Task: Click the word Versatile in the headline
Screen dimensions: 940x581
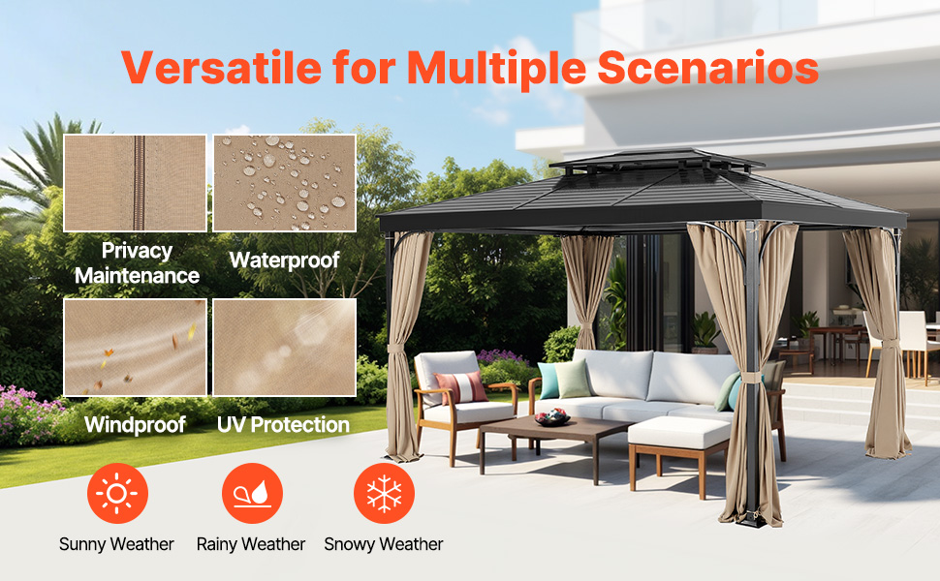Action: (222, 67)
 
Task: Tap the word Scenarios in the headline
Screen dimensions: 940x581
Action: (708, 67)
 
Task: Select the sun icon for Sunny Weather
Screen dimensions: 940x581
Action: (117, 494)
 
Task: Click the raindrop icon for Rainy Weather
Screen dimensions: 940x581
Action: (252, 494)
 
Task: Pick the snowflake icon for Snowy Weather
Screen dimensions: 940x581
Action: (385, 494)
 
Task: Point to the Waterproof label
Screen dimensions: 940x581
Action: (284, 260)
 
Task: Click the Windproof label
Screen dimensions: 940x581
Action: (135, 425)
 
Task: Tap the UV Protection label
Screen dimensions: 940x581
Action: (283, 425)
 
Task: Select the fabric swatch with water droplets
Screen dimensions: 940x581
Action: (284, 183)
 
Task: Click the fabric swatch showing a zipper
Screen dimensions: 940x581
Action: (135, 183)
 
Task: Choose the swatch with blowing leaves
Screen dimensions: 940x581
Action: (135, 348)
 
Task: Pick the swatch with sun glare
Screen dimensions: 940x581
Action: (284, 348)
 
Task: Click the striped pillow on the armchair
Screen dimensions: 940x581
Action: (460, 387)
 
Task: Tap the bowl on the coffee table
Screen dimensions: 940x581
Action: (552, 417)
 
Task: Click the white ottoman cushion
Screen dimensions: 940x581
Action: (678, 432)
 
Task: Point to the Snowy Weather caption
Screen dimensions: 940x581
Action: (384, 544)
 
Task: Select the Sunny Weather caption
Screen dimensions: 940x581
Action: (116, 544)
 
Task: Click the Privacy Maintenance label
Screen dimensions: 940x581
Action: (137, 263)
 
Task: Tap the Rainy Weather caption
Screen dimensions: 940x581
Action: (251, 544)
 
